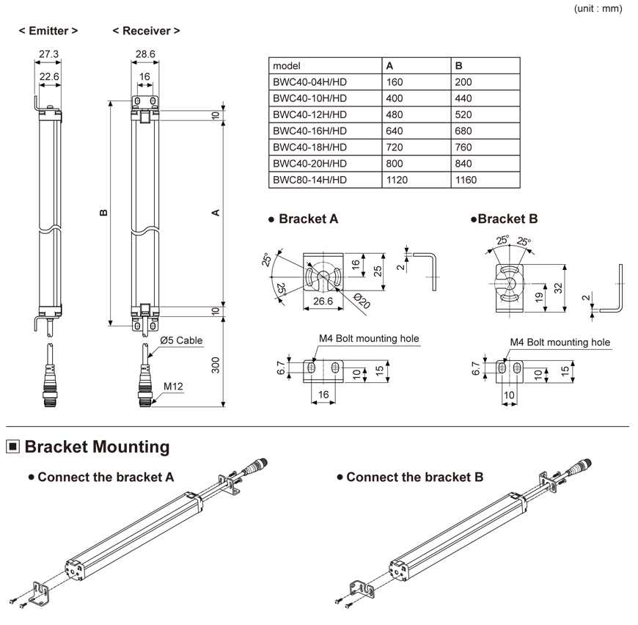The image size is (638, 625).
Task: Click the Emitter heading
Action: (48, 31)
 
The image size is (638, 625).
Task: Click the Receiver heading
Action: (146, 31)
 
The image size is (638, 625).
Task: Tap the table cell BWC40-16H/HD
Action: (309, 131)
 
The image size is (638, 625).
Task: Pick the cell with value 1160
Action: (466, 180)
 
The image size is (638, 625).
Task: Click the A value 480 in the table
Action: (395, 114)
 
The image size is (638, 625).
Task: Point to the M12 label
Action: (172, 386)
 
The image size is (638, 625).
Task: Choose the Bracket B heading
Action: (507, 219)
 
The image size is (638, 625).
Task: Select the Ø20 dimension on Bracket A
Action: (359, 301)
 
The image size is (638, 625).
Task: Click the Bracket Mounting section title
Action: (97, 446)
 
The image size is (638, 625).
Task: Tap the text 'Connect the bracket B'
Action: (414, 477)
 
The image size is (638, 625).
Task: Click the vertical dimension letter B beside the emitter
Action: (103, 213)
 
